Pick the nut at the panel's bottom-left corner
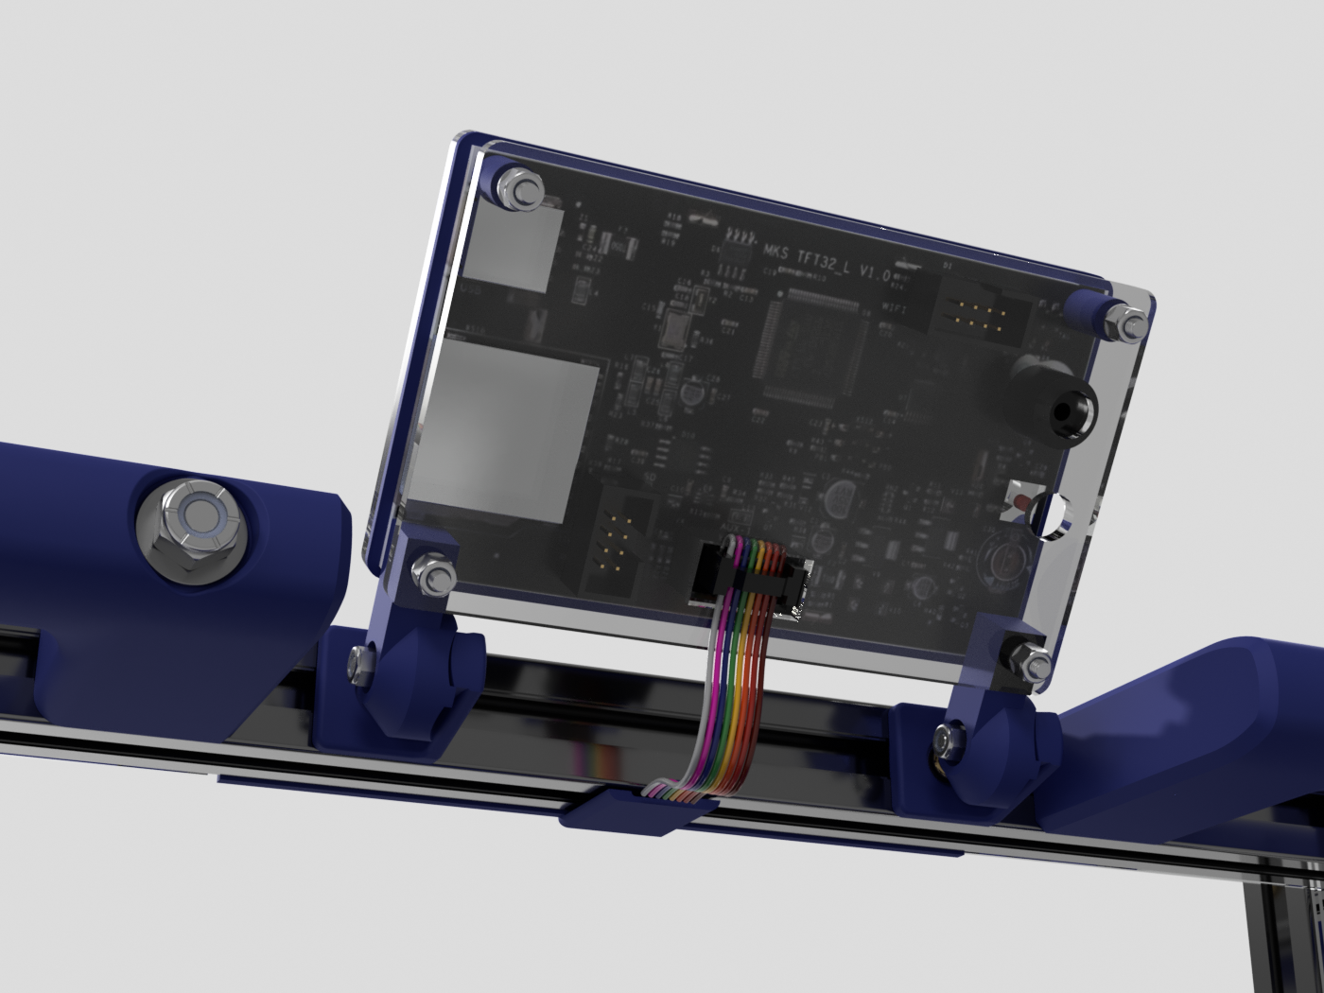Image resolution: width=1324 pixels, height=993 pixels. [433, 574]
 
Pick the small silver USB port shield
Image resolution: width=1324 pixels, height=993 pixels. [512, 248]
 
